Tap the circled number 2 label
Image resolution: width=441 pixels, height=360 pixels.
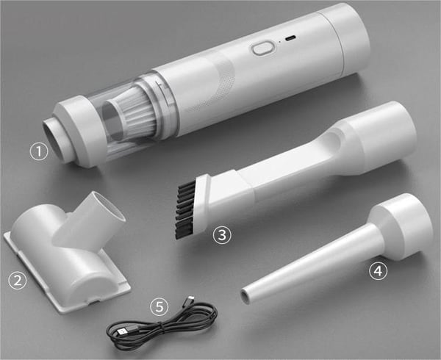(17, 279)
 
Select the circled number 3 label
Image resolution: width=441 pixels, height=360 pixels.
(222, 235)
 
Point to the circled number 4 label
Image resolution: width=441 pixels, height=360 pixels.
(378, 271)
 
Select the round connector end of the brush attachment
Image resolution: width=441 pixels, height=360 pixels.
(382, 132)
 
